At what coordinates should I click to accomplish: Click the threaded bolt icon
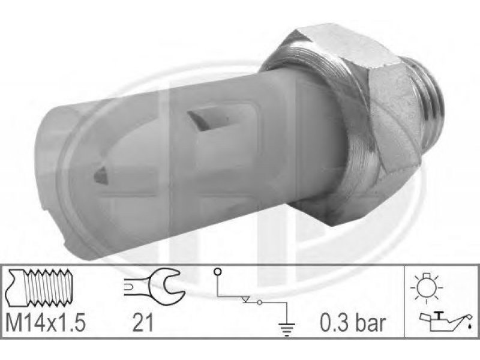pos(38,287)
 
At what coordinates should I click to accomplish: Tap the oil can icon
pos(443,322)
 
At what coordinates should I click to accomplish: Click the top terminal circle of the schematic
pos(217,271)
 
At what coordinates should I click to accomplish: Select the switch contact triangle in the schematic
pos(247,299)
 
